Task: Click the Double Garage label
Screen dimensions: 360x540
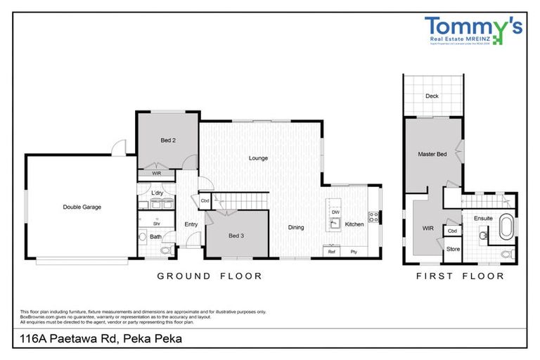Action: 82,207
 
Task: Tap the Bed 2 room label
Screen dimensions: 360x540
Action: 168,141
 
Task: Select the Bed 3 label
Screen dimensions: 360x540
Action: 237,235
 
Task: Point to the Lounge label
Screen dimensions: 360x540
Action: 258,158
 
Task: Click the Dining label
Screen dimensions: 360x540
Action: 296,227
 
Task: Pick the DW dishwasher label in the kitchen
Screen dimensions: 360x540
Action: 335,212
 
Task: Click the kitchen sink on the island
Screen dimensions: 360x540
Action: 335,224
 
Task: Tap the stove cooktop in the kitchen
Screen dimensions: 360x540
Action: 373,218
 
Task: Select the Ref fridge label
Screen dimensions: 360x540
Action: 331,251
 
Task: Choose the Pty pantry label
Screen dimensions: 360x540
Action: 354,251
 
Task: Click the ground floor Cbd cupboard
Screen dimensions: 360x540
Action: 205,200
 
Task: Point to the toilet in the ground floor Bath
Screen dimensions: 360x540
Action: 167,249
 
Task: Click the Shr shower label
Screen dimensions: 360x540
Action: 157,223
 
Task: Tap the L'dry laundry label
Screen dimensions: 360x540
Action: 157,193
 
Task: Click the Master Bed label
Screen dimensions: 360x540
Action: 432,153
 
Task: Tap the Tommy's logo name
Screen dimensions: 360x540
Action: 473,26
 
